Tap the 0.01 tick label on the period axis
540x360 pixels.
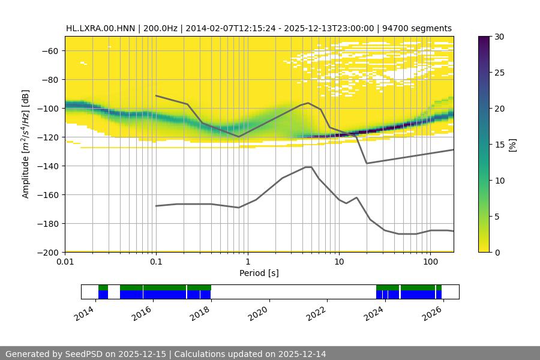tap(65, 262)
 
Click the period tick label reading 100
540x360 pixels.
tap(430, 262)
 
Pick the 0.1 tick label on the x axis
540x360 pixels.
tap(156, 262)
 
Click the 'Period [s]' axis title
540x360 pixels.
tap(259, 273)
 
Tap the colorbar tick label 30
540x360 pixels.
tap(499, 37)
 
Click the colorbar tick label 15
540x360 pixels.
tap(499, 145)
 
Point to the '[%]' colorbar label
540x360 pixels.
tap(512, 144)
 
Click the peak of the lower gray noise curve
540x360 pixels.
tap(308, 167)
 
